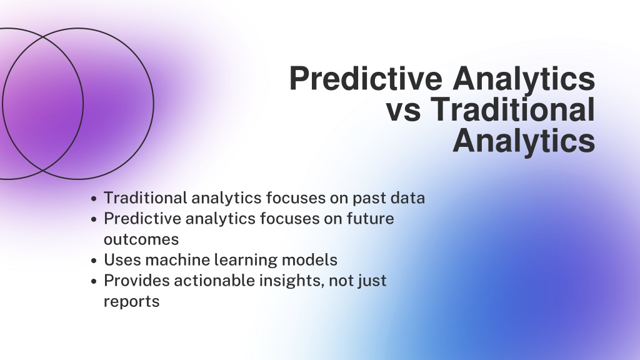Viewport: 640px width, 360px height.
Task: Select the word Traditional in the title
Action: click(x=512, y=109)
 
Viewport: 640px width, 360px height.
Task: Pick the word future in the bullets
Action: click(x=370, y=218)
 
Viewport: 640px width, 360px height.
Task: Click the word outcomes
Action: click(x=141, y=239)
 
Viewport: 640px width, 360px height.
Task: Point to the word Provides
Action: click(x=137, y=281)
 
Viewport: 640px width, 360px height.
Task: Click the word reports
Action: click(x=131, y=302)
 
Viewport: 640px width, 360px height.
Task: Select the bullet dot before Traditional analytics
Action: click(x=94, y=199)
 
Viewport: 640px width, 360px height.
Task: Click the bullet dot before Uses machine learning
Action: click(x=94, y=261)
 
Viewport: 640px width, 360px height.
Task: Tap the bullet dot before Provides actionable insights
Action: click(x=94, y=282)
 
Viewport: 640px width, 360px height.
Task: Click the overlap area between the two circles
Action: click(x=43, y=104)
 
